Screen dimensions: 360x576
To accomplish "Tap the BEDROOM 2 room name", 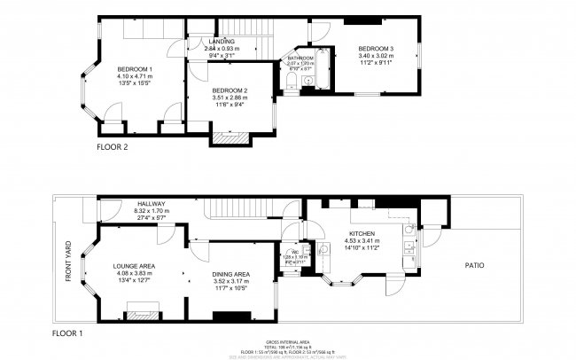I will point(229,90).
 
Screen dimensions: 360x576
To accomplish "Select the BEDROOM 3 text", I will point(376,48).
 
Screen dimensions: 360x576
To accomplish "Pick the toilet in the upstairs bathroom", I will point(293,83).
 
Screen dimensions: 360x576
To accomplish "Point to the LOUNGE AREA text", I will point(135,265).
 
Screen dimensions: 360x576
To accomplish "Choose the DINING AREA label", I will point(230,274).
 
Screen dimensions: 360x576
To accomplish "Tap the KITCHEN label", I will point(362,233).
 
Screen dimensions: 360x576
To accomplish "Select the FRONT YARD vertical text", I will point(67,262).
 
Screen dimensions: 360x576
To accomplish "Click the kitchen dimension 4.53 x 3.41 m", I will point(362,239).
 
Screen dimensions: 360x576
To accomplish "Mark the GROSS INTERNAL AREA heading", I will point(288,341).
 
